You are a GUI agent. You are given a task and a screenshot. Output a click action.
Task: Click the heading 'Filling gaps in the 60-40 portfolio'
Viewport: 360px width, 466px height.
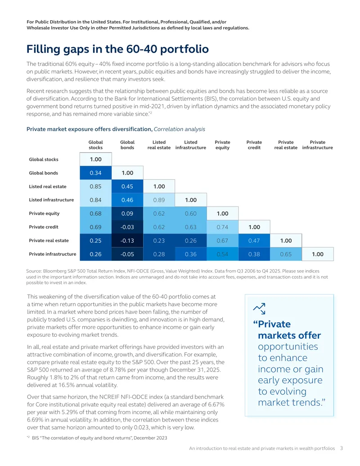117,49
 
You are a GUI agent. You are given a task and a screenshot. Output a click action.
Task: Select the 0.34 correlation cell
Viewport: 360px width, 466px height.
96,173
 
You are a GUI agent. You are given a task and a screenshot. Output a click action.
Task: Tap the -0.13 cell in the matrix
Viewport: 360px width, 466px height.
127,240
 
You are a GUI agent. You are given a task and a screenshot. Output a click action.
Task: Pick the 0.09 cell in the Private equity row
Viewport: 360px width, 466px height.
127,213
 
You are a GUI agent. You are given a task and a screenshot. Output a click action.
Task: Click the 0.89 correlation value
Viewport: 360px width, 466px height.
159,200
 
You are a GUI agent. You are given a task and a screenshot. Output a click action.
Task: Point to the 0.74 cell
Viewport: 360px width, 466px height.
222,227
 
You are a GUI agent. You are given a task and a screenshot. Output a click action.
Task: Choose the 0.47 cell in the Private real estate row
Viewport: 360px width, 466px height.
254,240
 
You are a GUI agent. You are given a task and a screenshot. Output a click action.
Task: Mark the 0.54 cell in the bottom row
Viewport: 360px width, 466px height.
222,254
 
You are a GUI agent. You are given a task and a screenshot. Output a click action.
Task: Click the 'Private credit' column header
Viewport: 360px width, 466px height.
254,145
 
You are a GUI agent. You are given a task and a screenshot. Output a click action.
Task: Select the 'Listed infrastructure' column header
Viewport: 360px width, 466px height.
191,145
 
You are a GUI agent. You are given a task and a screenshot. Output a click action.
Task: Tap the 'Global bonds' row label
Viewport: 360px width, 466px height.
43,173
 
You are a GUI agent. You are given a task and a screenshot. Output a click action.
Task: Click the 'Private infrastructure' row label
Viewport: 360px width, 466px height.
53,254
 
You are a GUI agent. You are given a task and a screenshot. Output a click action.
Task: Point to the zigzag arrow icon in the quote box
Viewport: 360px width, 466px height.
259,308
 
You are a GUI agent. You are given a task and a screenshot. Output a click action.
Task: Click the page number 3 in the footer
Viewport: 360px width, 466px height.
342,448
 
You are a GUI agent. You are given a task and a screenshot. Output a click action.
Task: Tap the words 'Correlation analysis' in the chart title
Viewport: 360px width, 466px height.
180,129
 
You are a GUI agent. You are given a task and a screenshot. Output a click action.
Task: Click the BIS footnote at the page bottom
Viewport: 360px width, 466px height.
97,438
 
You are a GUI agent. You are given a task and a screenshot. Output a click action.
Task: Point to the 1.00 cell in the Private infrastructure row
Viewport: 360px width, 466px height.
318,254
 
